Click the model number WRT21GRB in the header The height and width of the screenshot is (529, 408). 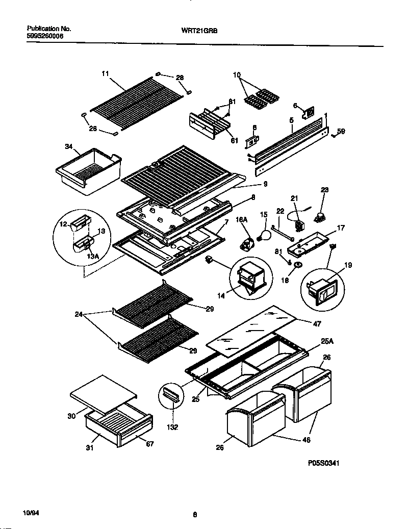coord(196,30)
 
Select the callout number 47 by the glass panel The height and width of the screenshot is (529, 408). coord(317,323)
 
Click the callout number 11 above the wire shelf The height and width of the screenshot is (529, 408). coord(106,74)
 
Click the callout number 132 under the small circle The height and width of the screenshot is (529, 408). coord(173,427)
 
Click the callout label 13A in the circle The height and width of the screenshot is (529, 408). coord(93,256)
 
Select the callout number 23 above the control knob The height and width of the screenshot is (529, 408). coord(324,190)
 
